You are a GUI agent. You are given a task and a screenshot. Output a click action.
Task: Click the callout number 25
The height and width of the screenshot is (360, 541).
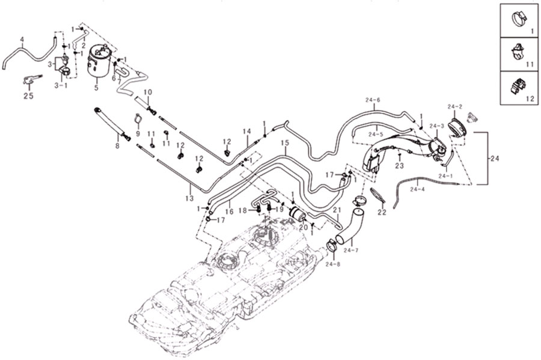click(28, 96)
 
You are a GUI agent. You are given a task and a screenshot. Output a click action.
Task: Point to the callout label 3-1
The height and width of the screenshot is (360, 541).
click(61, 85)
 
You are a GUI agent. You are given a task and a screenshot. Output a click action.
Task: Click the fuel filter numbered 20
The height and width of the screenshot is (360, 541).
click(297, 214)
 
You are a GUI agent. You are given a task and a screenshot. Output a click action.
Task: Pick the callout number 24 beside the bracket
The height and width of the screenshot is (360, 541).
click(495, 159)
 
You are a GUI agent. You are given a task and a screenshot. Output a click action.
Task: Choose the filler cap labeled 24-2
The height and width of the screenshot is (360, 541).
click(458, 129)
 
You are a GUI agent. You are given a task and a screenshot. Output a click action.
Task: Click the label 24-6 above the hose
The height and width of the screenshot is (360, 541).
click(373, 100)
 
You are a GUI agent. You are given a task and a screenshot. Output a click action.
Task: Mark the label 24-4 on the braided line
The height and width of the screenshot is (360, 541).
click(417, 189)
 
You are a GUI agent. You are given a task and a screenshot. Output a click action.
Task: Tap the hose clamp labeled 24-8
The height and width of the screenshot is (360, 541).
click(332, 246)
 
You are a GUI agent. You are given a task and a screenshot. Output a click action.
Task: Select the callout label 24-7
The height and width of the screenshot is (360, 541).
click(351, 250)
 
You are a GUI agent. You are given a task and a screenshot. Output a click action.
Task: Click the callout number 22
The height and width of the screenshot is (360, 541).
click(382, 212)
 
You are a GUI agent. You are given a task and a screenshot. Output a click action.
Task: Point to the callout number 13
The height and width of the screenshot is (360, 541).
click(189, 198)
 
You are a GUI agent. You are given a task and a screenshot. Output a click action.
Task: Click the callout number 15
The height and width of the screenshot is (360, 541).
click(284, 142)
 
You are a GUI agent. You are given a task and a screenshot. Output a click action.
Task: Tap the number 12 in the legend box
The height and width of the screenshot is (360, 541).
click(530, 99)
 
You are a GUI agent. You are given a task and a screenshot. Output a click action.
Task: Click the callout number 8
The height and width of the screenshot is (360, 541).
click(117, 146)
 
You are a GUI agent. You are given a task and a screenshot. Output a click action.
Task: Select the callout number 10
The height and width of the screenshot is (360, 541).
click(148, 92)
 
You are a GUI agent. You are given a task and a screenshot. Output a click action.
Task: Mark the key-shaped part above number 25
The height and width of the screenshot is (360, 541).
click(32, 80)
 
